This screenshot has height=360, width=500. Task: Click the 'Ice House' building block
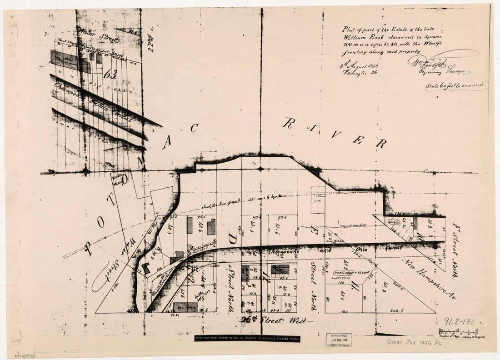click(185, 307)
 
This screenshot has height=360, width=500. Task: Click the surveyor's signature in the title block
click(439, 64)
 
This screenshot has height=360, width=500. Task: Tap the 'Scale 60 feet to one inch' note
click(456, 86)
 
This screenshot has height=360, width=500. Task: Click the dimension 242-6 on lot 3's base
click(397, 310)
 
